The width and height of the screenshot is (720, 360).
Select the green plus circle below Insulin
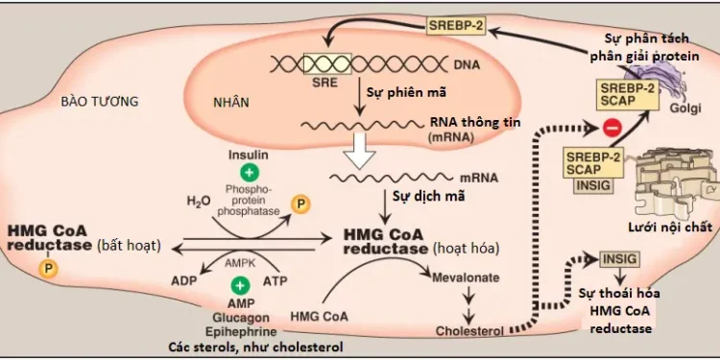pyautogui.click(x=249, y=174)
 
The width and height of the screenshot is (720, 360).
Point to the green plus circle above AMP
pyautogui.click(x=241, y=284)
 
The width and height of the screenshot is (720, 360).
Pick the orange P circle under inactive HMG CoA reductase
pyautogui.click(x=45, y=269)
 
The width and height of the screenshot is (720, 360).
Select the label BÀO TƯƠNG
pyautogui.click(x=99, y=100)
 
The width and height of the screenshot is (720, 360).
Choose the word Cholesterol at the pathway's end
pyautogui.click(x=470, y=330)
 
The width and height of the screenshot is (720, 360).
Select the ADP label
pyautogui.click(x=185, y=282)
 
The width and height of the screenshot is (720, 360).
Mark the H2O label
pyautogui.click(x=199, y=203)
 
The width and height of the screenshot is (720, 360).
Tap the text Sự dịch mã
pyautogui.click(x=420, y=197)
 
